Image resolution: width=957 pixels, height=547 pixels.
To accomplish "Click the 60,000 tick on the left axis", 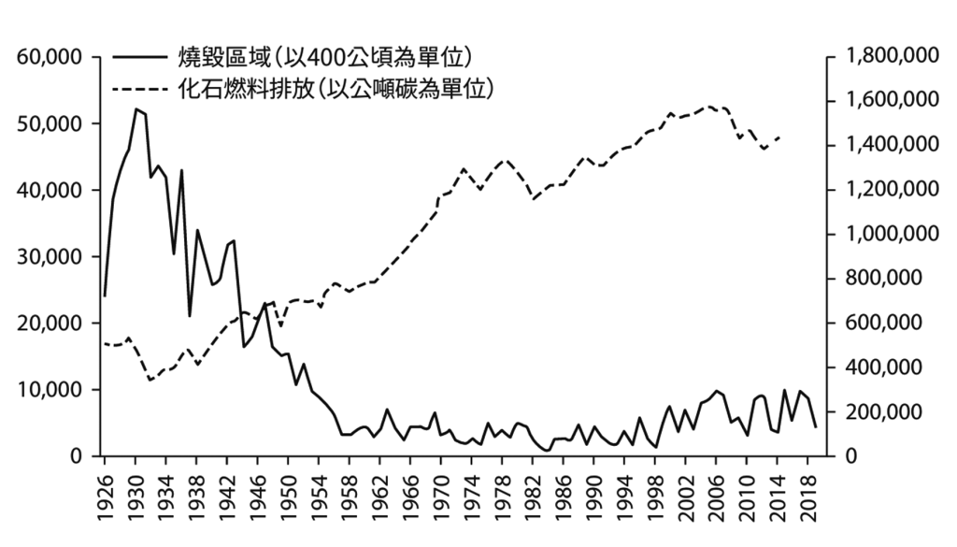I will click(50, 58).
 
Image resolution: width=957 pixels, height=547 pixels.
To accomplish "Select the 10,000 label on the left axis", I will click(50, 390).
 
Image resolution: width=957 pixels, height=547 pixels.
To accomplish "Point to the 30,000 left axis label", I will click(50, 257).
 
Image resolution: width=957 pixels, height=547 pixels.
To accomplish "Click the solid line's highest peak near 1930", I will click(136, 109).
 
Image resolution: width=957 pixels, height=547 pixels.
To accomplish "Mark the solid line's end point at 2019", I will click(815, 426).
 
